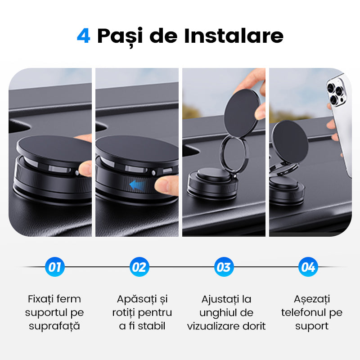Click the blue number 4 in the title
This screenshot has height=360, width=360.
coord(83,36)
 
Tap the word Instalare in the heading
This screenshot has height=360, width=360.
coord(234,36)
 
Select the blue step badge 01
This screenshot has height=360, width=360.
coord(54,267)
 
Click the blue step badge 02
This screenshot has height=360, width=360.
coord(139,267)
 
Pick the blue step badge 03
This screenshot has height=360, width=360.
coord(224,267)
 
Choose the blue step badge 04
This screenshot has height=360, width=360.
coord(308,267)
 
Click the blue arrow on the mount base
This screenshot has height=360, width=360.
coord(137,185)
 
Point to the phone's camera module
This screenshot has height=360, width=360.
coord(336,92)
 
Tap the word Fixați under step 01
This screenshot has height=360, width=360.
coord(40,299)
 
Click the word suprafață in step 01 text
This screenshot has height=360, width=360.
coord(54,326)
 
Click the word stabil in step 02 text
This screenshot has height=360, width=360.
coord(152,326)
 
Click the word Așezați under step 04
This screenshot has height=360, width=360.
coord(312,299)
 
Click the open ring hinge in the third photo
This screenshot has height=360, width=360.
coord(221,156)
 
